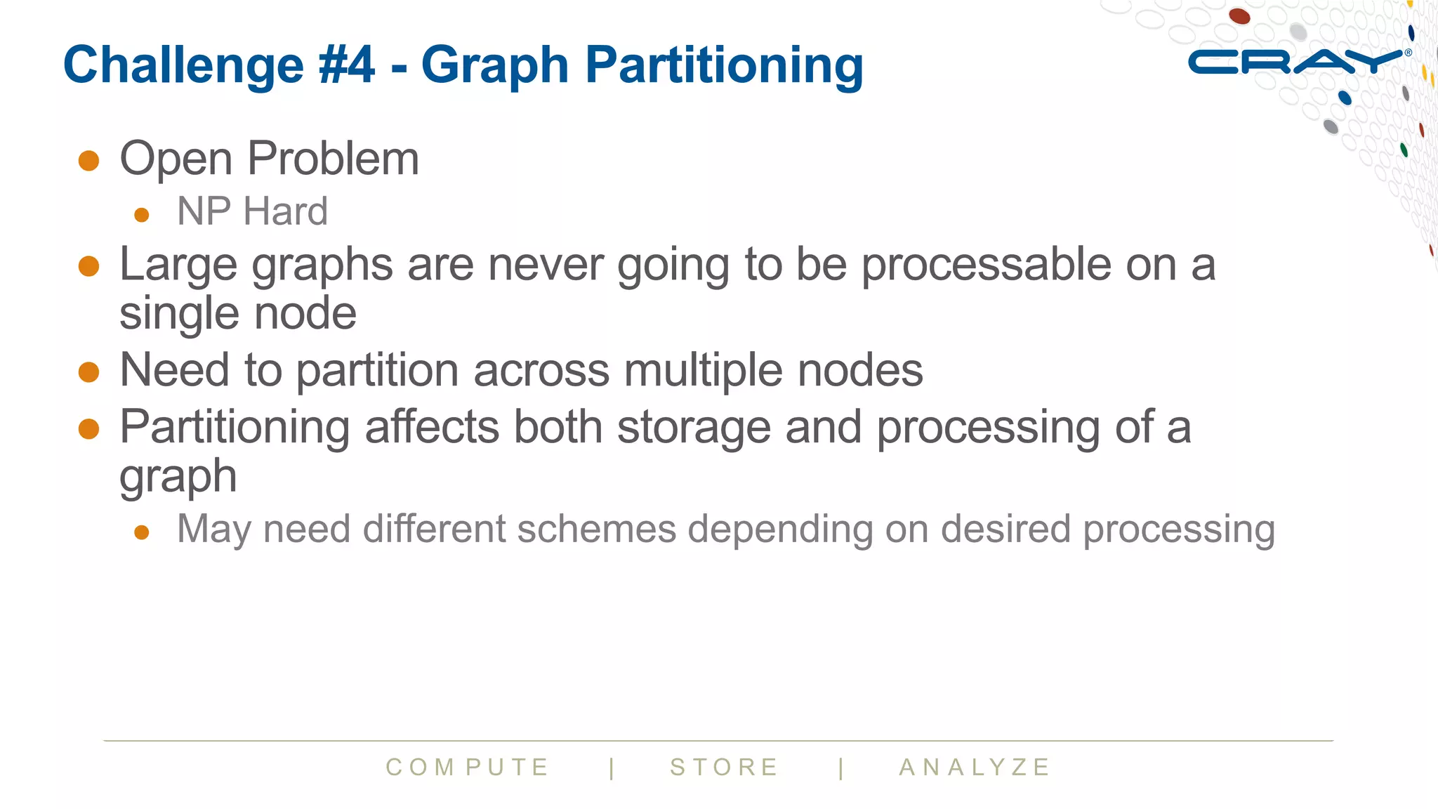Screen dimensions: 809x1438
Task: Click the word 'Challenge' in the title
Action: [x=183, y=65]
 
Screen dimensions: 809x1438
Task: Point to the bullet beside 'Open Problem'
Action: [x=89, y=160]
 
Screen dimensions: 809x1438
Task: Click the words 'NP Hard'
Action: [x=252, y=211]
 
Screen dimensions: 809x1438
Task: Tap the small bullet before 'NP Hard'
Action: [x=142, y=214]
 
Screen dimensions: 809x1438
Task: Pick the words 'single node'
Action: [x=238, y=313]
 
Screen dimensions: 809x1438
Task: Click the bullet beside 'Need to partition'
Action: [x=89, y=371]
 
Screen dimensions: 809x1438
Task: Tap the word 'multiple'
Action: [x=704, y=370]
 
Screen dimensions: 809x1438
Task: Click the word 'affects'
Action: [x=432, y=427]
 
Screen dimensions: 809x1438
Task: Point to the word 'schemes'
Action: [x=596, y=529]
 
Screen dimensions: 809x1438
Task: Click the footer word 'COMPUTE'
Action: [x=467, y=767]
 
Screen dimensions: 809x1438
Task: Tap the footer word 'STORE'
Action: [x=724, y=767]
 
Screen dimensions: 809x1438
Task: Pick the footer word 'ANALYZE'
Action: [x=975, y=767]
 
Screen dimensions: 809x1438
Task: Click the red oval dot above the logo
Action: [x=1239, y=15]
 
